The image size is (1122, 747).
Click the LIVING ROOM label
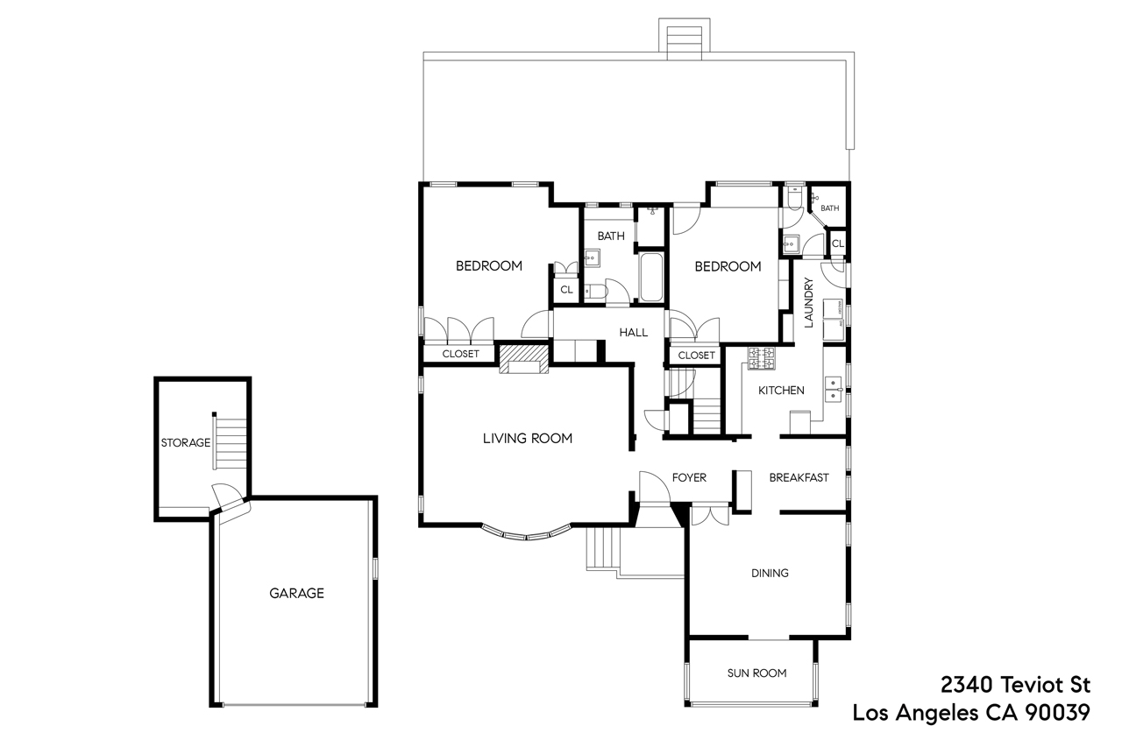coord(527,438)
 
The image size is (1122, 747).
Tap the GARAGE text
coord(296,593)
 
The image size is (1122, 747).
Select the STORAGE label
coord(185,442)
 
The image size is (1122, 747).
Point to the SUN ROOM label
coord(756,673)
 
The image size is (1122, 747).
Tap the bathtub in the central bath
coord(651,278)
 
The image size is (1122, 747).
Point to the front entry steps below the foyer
coord(603,549)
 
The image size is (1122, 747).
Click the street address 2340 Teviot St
coord(1015,684)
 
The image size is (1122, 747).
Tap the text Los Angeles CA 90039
coord(971,713)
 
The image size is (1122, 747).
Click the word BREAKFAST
coord(799,477)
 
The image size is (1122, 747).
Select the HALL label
coord(633,333)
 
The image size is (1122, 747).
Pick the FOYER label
coord(689,477)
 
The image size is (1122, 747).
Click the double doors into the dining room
coord(709,515)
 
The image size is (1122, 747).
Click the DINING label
coord(770,573)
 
